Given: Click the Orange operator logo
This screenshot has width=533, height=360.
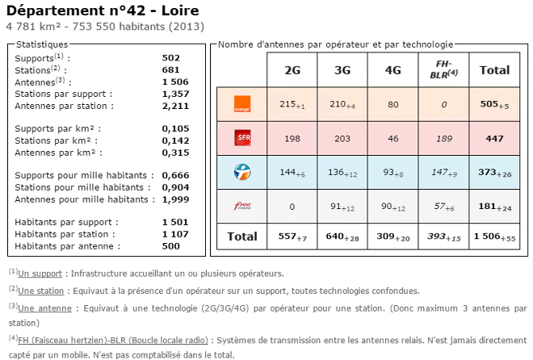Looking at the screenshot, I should click(241, 103).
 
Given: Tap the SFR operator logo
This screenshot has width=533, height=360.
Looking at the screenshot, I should click(241, 138).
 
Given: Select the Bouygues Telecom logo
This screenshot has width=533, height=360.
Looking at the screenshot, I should click(241, 172).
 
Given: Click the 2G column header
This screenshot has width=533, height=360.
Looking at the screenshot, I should click(292, 70).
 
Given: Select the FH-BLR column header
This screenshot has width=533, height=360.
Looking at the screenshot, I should click(443, 69).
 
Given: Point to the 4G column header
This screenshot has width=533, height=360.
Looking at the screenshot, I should click(392, 70).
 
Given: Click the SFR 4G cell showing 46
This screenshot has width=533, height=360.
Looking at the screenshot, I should click(392, 138).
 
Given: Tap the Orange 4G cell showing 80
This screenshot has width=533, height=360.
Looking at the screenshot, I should click(392, 104).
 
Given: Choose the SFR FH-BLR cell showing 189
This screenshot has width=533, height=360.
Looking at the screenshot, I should click(443, 138).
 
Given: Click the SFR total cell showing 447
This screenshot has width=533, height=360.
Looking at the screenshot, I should click(494, 138).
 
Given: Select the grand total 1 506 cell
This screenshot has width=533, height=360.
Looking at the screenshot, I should click(494, 237).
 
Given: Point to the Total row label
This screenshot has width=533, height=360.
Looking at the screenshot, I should click(241, 237).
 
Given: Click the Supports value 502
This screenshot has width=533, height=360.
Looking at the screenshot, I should click(170, 58).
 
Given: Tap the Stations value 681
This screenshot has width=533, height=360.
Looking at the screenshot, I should click(170, 69).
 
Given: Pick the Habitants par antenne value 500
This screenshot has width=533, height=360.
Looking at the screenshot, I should click(170, 246).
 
